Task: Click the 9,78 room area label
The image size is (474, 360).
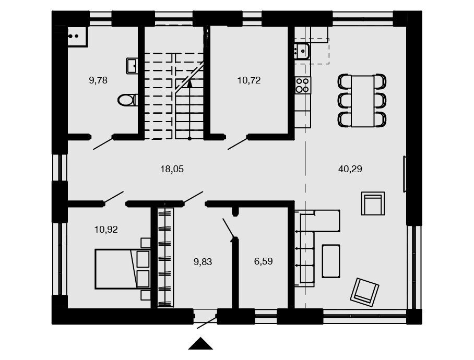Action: click(98, 81)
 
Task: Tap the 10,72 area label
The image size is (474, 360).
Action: click(249, 81)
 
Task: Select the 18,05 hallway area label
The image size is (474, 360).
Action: click(172, 169)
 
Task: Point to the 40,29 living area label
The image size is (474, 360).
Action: click(350, 169)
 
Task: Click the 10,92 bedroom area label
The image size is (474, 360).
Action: click(106, 230)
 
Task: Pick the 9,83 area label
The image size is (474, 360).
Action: click(203, 262)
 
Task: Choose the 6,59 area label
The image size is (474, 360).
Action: click(263, 261)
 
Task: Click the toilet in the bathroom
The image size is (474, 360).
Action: click(127, 100)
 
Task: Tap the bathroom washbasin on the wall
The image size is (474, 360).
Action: click(132, 66)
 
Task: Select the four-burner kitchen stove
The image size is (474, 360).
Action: click(303, 85)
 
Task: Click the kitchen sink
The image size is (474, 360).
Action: click(301, 51)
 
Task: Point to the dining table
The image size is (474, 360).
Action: click(362, 101)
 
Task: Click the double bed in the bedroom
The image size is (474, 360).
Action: click(123, 269)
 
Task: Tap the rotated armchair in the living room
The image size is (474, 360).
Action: click(364, 292)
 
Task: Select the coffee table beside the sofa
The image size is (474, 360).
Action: click(331, 261)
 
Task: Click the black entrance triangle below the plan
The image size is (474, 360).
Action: click(200, 344)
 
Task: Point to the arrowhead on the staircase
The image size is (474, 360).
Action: click(189, 83)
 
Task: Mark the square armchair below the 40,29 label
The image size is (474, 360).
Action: click(373, 203)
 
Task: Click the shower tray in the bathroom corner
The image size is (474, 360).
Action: click(77, 37)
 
